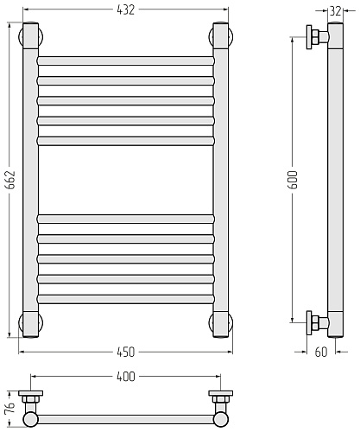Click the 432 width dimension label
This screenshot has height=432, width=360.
point(126,10)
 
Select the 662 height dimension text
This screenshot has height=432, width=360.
point(10,180)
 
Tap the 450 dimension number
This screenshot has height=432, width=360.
point(126,352)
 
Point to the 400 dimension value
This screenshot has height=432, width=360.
point(126,377)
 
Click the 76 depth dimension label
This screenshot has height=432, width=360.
point(9,408)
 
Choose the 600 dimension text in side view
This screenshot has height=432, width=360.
point(293,180)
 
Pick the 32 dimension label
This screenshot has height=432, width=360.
point(335,11)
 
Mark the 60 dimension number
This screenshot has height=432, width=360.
point(321,352)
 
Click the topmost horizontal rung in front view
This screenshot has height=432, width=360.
point(126,60)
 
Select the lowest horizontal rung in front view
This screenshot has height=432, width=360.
point(126,299)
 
